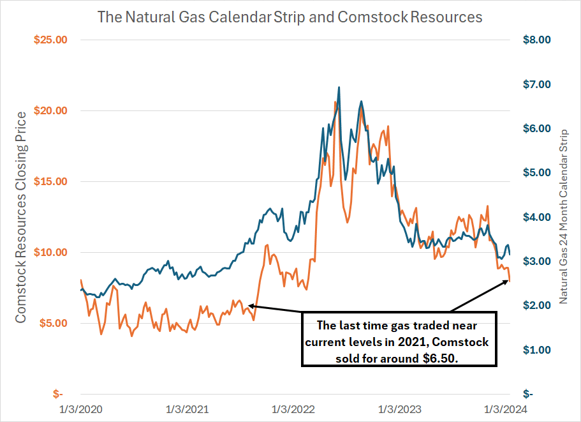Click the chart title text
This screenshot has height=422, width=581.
(x=290, y=16)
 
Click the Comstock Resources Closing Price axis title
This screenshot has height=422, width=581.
(x=21, y=217)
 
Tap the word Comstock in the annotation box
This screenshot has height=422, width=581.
(x=465, y=342)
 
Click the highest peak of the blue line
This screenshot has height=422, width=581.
(x=339, y=87)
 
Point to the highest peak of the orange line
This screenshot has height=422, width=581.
(x=335, y=102)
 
